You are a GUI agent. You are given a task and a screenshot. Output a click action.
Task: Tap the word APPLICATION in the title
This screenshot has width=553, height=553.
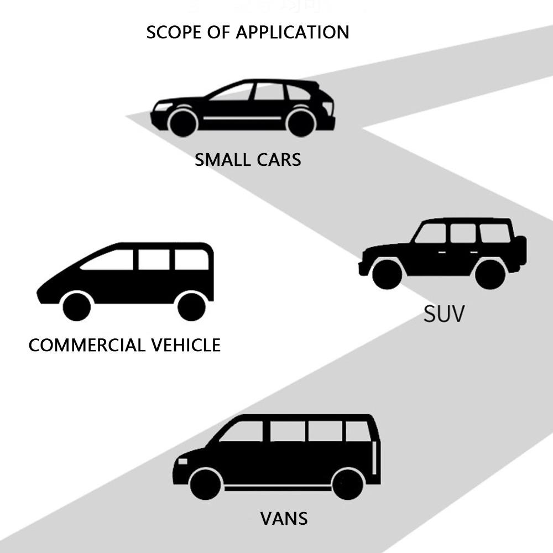[293, 32]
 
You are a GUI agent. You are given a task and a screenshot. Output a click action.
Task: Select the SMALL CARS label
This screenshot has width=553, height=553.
[248, 160]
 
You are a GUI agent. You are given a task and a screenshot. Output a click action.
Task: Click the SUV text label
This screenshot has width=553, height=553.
[444, 314]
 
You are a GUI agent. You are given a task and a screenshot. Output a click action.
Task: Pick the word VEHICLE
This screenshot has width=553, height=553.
[186, 345]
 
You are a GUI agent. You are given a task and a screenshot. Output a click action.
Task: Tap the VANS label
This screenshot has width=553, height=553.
[284, 519]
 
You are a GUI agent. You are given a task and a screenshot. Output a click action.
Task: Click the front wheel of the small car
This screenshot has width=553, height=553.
[183, 123]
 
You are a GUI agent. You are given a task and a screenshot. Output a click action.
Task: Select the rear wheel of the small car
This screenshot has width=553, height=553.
[301, 123]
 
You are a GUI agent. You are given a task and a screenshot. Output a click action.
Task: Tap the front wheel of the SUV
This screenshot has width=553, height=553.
[387, 274]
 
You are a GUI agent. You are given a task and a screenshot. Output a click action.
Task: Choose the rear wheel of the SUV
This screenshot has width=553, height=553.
[490, 274]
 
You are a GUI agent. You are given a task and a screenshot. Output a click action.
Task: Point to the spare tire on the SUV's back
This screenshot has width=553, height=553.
[523, 250]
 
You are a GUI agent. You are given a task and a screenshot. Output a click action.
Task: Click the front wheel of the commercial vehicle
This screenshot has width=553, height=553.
[76, 307]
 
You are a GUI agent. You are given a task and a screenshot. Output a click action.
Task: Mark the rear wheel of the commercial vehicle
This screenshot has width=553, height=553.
[191, 307]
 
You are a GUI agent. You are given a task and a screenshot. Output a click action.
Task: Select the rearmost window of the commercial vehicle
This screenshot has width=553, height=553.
[191, 259]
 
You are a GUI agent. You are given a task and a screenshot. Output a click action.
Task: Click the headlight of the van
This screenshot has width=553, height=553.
[182, 461]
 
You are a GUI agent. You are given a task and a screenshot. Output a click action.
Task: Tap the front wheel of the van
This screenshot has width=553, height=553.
[205, 484]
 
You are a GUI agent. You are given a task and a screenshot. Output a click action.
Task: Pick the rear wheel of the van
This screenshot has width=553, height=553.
[348, 484]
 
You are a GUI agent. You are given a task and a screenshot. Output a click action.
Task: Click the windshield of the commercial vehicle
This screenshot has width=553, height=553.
[108, 260]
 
